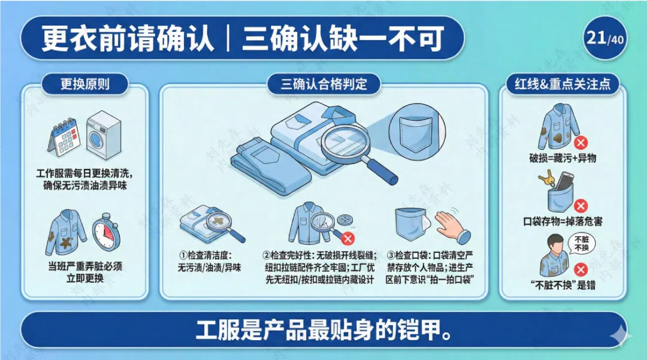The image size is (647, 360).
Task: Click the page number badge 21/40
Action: [x=605, y=38]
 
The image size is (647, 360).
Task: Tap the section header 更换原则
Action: [x=85, y=84]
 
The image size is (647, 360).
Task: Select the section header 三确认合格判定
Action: [x=324, y=84]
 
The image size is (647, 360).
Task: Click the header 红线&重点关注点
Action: [x=563, y=84]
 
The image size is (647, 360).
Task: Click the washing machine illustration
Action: [x=104, y=134]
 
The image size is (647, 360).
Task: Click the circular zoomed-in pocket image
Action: [x=417, y=128]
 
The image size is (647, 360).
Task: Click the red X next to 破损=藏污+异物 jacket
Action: [x=581, y=143]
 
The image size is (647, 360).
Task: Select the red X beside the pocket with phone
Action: [x=581, y=205]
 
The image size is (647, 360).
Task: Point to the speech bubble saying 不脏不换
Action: [x=581, y=243]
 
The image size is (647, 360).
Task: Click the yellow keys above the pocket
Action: [x=547, y=179]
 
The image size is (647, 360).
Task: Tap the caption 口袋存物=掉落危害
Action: [x=563, y=222]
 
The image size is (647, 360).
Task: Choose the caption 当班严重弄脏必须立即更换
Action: [x=85, y=272]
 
